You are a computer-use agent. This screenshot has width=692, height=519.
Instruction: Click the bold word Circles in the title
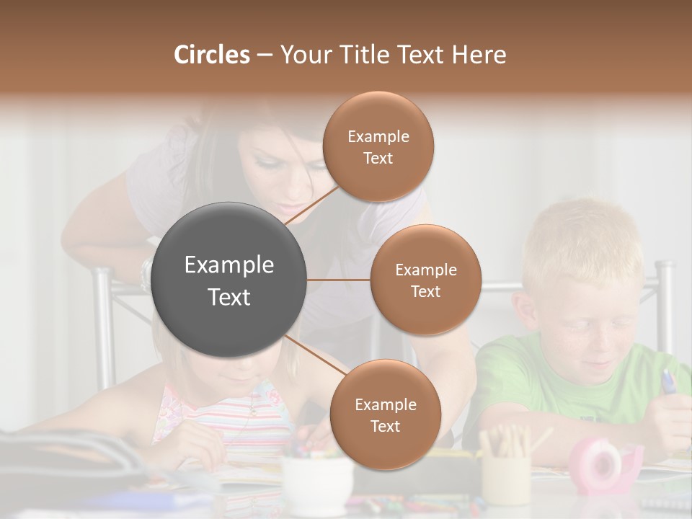click(x=211, y=55)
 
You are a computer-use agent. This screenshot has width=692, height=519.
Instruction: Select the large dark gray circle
click(x=229, y=280)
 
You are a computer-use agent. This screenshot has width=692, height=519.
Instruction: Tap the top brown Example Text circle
click(x=378, y=146)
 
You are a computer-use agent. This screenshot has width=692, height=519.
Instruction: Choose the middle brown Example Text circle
click(x=425, y=280)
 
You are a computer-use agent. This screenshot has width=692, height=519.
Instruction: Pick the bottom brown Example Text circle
click(x=385, y=414)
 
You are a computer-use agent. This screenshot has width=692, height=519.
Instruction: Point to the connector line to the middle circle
click(x=339, y=280)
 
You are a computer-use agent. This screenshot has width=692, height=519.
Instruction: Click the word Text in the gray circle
click(x=229, y=297)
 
